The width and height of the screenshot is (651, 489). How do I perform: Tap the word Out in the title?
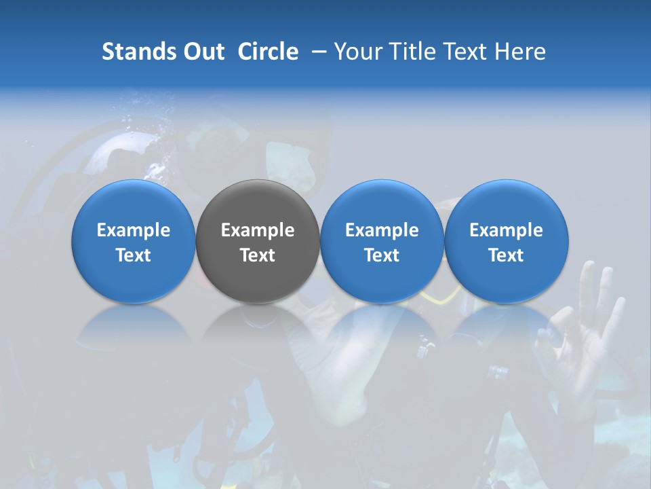pos(203,52)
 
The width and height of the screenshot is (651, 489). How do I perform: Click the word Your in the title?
pos(357,52)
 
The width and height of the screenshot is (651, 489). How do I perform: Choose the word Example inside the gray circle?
pos(258,230)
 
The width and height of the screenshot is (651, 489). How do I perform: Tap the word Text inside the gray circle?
pos(258,255)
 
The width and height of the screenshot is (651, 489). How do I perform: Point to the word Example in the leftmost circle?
pos(134,230)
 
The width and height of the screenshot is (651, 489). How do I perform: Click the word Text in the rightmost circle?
pos(507,255)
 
